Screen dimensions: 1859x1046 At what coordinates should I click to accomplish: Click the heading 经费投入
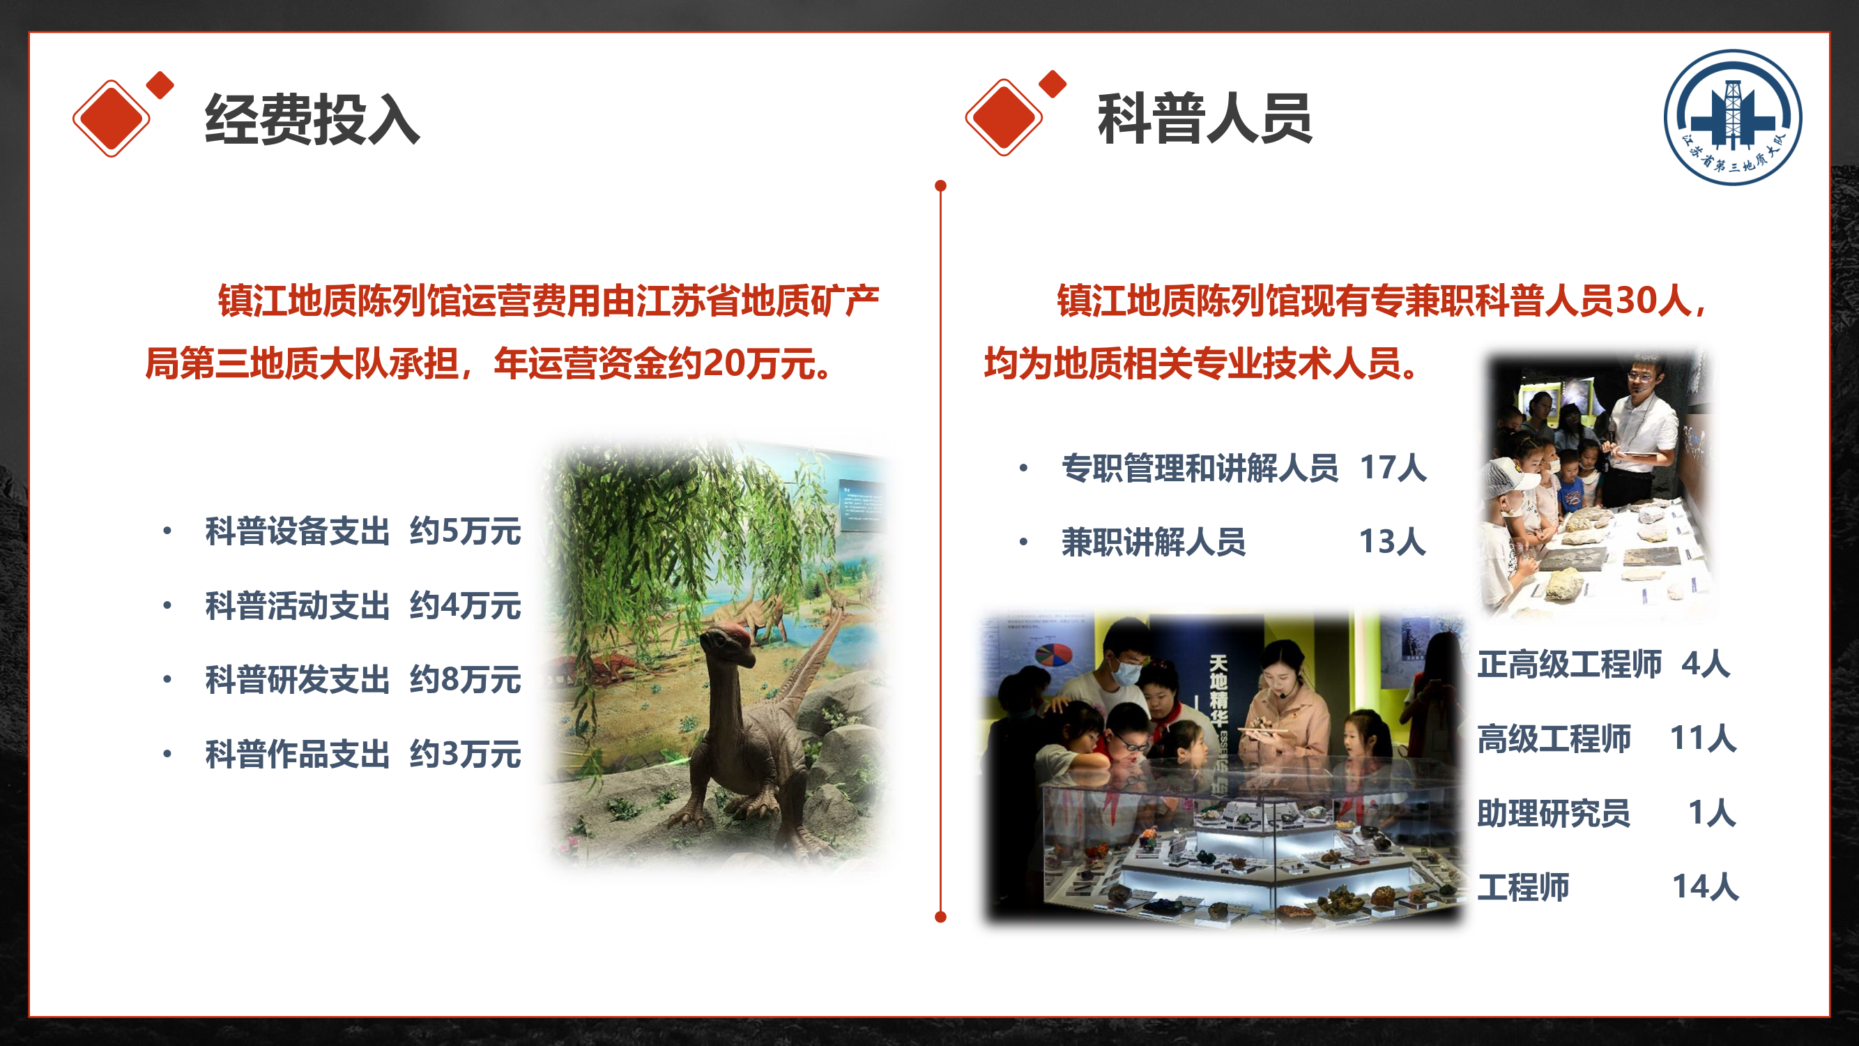312,119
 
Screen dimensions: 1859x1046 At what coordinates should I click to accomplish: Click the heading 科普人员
1204,119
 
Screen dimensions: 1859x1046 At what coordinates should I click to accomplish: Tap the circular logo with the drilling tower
1733,117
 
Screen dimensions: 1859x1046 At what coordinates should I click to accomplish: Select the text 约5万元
466,531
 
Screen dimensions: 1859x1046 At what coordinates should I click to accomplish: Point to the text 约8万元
466,680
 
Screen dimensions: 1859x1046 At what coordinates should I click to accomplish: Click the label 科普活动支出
298,606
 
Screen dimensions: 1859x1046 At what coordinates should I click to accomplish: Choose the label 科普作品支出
298,755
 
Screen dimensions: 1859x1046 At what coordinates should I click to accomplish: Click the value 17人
1393,468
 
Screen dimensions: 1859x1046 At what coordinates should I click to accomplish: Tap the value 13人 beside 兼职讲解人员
1393,542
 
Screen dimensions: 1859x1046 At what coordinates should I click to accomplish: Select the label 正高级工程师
1569,664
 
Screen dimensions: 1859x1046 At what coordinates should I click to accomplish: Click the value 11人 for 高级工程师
1703,738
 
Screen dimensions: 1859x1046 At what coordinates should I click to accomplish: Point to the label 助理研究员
1553,813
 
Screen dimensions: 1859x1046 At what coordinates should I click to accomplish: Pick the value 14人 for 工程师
1705,887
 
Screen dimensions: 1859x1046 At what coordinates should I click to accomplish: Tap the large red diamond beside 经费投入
111,118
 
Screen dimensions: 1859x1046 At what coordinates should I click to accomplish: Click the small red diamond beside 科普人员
1053,84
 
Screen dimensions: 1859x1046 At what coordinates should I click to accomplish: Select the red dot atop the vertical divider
940,186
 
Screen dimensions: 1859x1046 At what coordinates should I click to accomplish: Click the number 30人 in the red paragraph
1653,301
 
